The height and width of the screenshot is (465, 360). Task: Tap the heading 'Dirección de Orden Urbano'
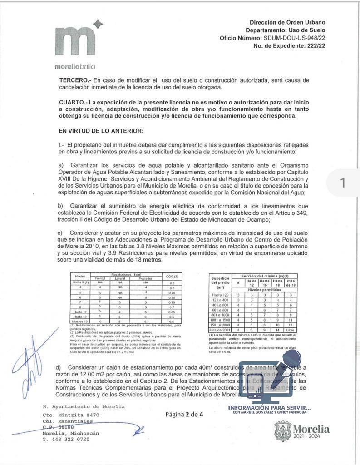tap(287, 22)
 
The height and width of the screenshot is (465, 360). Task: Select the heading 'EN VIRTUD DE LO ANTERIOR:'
tap(101, 131)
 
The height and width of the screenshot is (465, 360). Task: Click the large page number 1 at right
tap(343, 183)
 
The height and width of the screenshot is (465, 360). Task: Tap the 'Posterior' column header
tap(146, 278)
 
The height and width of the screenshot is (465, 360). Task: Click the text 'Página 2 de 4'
tap(184, 414)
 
